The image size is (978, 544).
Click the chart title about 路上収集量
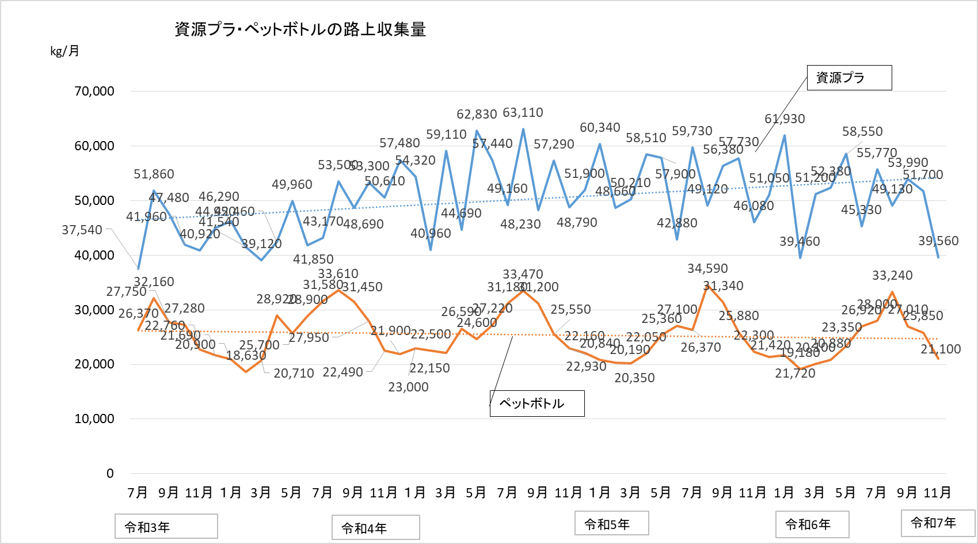(300, 29)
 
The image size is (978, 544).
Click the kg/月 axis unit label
(64, 51)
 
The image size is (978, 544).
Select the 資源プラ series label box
(849, 78)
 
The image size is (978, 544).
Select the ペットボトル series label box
(536, 404)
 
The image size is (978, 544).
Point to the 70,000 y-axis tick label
(94, 91)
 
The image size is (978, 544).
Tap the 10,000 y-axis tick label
(94, 419)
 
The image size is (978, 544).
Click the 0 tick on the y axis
(110, 474)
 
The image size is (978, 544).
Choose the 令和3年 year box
(166, 527)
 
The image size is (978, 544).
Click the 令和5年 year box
(611, 524)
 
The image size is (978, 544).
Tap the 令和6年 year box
(812, 524)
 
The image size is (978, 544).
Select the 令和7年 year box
(937, 523)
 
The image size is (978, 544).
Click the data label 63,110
(523, 113)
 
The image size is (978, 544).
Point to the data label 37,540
(82, 230)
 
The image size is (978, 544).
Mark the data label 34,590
(707, 269)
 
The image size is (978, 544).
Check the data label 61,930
(785, 119)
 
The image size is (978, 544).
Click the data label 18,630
(246, 356)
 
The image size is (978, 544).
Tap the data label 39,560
(938, 241)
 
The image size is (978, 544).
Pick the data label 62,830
(477, 115)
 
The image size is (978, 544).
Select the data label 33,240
(892, 276)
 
